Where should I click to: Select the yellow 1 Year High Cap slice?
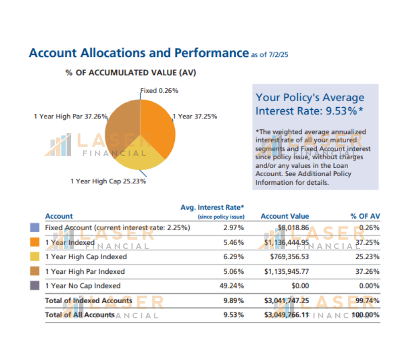(139, 160)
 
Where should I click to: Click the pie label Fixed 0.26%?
(159, 91)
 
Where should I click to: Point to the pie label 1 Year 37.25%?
(195, 116)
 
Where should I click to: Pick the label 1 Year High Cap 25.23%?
(108, 181)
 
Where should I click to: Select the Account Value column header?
(285, 216)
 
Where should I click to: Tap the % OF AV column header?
(365, 216)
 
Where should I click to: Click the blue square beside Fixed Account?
(35, 228)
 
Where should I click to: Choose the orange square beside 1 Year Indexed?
(35, 242)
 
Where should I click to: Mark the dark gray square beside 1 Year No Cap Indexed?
(35, 285)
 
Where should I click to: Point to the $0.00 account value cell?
(299, 285)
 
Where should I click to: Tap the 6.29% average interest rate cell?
(234, 257)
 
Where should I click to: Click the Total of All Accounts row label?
(80, 315)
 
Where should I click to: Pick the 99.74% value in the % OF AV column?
(367, 301)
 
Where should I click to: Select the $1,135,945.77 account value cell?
(286, 271)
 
